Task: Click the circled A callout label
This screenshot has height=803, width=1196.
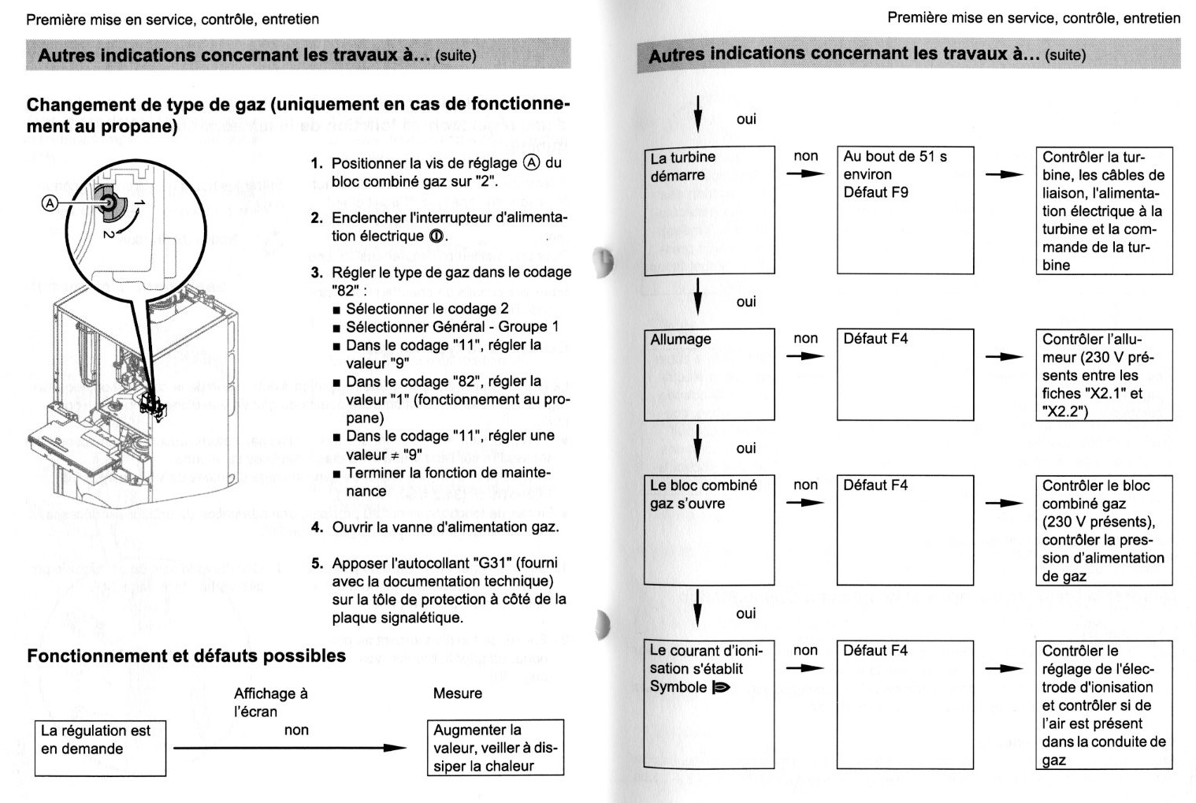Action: point(50,203)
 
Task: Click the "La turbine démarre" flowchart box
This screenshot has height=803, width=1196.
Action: point(708,210)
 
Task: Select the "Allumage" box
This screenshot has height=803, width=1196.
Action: point(708,374)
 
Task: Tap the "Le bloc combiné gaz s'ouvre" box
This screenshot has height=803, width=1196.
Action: point(708,529)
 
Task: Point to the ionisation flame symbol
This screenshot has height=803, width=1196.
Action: point(721,688)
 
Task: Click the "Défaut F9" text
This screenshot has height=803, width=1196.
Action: point(875,192)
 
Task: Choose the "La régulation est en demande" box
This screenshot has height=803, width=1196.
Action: point(100,747)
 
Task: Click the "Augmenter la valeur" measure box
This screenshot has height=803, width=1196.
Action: point(495,747)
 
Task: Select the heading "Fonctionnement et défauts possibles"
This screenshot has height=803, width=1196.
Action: point(186,656)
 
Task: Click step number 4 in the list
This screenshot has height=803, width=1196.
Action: point(317,527)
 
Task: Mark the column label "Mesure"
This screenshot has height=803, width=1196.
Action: point(457,693)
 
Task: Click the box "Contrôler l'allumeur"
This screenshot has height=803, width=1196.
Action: point(1103,374)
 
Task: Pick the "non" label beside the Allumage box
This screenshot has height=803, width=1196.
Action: point(805,338)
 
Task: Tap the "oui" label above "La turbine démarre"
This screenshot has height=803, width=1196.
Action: point(746,119)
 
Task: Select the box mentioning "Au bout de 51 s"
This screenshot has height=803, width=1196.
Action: point(904,210)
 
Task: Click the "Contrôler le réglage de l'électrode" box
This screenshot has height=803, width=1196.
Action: point(1103,704)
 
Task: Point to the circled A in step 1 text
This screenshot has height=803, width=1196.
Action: point(532,163)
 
